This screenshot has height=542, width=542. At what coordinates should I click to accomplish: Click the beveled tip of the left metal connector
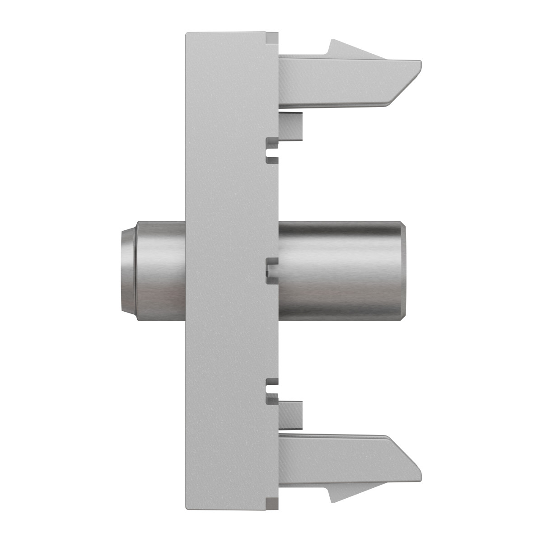pyautogui.click(x=127, y=271)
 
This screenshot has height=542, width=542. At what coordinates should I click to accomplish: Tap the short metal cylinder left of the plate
pyautogui.click(x=160, y=271)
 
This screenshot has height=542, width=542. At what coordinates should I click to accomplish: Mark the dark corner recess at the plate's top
pyautogui.click(x=272, y=38)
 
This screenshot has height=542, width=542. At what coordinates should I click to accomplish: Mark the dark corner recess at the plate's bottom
pyautogui.click(x=272, y=504)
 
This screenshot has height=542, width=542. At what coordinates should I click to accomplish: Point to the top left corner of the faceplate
pyautogui.click(x=187, y=33)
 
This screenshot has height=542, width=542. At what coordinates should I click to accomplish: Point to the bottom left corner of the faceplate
pyautogui.click(x=187, y=509)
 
